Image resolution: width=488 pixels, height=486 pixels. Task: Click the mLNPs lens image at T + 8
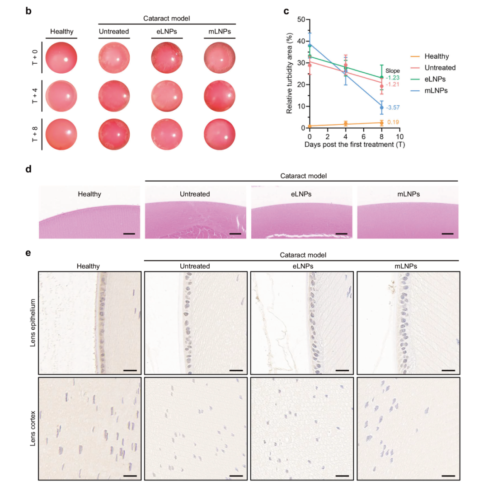(x=220, y=134)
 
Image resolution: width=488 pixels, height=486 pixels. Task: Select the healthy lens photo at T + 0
(x=61, y=57)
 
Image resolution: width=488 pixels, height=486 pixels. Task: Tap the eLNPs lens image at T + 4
(x=167, y=96)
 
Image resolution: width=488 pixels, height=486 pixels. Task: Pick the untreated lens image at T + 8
(x=114, y=134)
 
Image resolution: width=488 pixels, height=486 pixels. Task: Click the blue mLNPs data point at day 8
(x=381, y=107)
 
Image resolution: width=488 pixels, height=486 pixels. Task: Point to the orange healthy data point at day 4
(x=346, y=124)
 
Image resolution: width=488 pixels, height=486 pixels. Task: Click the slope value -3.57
(x=393, y=107)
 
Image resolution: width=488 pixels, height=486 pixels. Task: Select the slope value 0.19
(x=393, y=122)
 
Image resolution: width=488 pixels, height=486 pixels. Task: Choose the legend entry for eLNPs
(x=428, y=79)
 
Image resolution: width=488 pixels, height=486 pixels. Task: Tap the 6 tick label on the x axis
(x=363, y=136)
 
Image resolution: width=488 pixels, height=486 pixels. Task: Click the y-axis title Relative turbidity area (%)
(x=290, y=74)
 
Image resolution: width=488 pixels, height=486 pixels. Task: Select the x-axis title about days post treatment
(x=355, y=145)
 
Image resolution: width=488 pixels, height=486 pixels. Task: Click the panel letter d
(x=28, y=169)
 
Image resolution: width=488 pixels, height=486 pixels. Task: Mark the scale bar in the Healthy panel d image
(x=129, y=234)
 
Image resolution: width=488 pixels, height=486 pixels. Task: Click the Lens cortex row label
(x=33, y=429)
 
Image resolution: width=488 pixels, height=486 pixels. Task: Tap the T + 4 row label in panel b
(x=34, y=96)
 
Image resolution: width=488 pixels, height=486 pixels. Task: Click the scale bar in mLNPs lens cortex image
(x=448, y=476)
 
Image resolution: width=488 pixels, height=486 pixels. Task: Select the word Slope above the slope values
(x=393, y=71)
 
